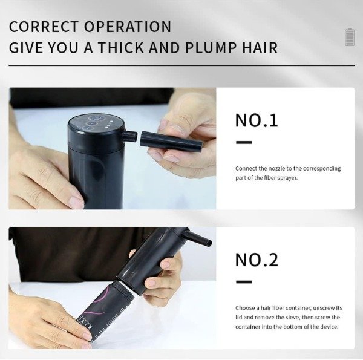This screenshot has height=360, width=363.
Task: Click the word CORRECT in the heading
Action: point(44,27)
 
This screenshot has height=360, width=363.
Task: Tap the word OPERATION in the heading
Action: point(128,27)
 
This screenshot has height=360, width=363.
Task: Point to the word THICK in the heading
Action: point(122,47)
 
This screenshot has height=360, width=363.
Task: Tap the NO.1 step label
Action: point(257,120)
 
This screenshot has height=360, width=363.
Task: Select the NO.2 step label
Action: point(257,260)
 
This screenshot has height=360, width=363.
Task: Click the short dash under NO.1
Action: point(244,142)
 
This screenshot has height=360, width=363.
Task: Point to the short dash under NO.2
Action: point(244,282)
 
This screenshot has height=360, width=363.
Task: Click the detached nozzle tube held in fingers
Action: point(171,141)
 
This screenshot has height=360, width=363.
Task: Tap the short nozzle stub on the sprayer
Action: point(129,136)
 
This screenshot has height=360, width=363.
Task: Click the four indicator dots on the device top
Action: point(108,124)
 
